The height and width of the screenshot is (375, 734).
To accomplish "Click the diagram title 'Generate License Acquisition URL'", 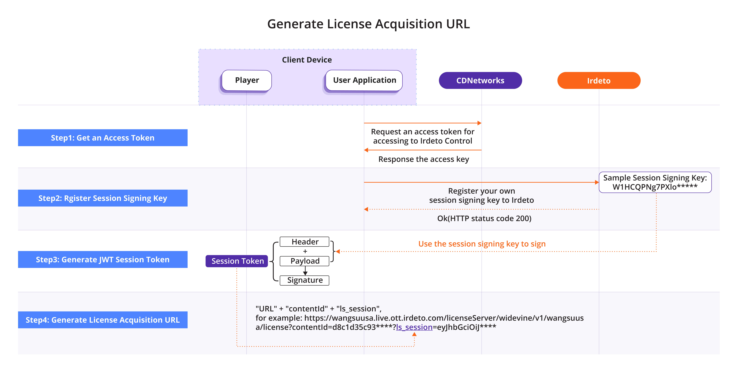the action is pos(368,24).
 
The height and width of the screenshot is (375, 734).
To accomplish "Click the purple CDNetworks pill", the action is pos(480,80).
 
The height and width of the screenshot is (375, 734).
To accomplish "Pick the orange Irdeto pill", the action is pos(599,80).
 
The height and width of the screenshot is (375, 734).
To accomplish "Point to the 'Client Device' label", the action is pos(307,60).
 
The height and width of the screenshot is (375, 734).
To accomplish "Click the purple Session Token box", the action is pos(237,261).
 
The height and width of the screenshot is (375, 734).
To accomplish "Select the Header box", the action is pos(305,242).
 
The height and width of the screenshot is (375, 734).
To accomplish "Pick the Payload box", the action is pos(305,261).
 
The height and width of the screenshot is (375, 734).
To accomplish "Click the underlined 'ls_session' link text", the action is pos(414,327).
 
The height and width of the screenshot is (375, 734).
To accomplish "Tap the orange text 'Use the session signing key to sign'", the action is pos(482,244).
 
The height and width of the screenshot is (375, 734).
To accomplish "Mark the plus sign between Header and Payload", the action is pos(305,251).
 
